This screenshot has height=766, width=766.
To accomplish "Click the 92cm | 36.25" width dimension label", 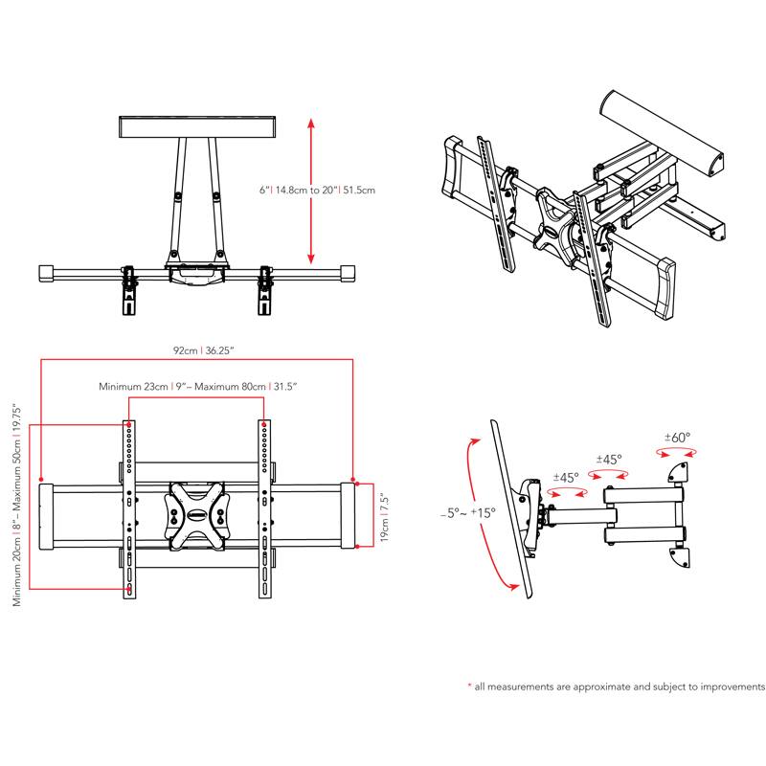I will click(x=196, y=351).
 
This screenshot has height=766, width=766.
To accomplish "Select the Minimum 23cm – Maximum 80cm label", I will click(x=198, y=387).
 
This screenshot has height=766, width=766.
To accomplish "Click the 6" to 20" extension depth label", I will click(x=317, y=191).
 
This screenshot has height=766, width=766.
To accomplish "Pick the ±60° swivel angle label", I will click(x=678, y=438).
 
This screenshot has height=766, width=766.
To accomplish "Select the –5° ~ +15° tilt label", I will click(x=469, y=513).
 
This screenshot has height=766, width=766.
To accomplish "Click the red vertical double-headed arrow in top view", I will click(x=310, y=191).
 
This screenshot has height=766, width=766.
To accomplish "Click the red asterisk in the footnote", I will click(x=469, y=687).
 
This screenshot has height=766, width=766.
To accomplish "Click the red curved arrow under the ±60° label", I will click(x=678, y=455).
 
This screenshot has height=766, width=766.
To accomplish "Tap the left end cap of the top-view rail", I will click(x=45, y=274).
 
